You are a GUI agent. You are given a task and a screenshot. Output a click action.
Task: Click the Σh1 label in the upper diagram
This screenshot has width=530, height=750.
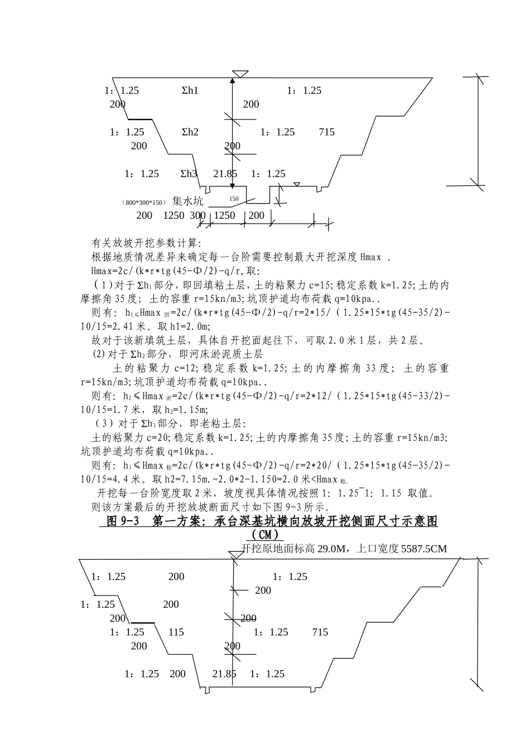click(x=190, y=90)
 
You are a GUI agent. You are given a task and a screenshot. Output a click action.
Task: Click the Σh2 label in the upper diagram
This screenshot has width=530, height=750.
click(x=190, y=132)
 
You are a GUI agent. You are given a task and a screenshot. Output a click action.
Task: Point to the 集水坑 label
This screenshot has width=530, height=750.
click(x=187, y=201)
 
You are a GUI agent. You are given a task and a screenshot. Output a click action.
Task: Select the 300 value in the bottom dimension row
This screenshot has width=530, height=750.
click(x=197, y=215)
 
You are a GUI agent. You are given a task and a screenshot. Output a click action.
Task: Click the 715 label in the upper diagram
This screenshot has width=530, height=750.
click(x=327, y=132)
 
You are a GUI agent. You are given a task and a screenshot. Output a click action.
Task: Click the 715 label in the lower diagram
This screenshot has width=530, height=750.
click(x=320, y=632)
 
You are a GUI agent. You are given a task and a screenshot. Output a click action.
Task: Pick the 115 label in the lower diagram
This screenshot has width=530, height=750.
click(x=176, y=632)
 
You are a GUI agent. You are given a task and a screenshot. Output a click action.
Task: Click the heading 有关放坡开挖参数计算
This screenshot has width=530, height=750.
click(x=146, y=243)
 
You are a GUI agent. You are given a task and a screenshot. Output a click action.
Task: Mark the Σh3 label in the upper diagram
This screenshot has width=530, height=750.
click(x=189, y=174)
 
